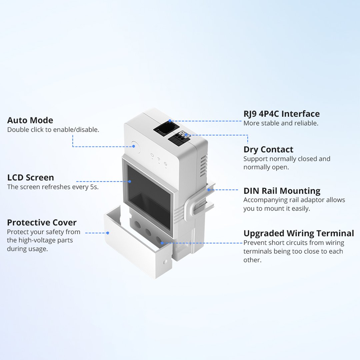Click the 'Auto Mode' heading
[x=30, y=120]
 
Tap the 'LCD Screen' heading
[x=31, y=177]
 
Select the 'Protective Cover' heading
[x=42, y=222]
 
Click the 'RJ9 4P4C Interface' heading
[x=281, y=114]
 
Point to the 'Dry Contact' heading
[x=268, y=149]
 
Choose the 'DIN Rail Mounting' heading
[x=282, y=191]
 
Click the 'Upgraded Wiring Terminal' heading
[x=298, y=233]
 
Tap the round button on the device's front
[x=136, y=147]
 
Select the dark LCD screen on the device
[x=149, y=197]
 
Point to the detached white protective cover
[x=138, y=243]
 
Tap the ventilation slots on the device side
[x=203, y=166]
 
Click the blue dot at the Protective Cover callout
[x=108, y=233]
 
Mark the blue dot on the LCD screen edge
[x=130, y=181]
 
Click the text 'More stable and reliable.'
[x=281, y=123]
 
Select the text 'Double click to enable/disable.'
[x=53, y=130]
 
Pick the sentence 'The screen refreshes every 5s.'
[x=53, y=187]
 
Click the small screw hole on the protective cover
[x=165, y=262]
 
